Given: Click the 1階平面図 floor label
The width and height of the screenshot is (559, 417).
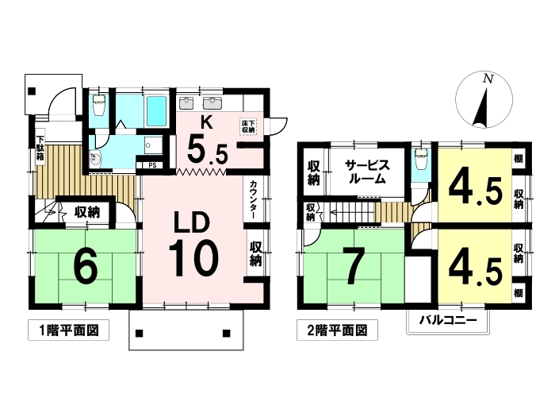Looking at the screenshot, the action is (x=68, y=330).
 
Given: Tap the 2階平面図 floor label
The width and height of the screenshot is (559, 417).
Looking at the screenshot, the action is (x=337, y=330).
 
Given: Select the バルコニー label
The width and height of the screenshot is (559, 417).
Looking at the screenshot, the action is (x=448, y=319).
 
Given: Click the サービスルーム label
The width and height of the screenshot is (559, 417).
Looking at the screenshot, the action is (x=367, y=172).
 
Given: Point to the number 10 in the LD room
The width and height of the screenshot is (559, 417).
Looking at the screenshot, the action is (x=193, y=259).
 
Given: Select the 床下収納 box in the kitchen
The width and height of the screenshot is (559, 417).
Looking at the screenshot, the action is (x=248, y=127).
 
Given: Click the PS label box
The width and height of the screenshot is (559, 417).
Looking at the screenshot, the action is (x=152, y=165).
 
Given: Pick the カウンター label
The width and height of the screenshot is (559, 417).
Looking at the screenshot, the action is (x=254, y=199).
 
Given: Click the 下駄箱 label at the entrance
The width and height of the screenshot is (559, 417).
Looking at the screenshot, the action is (x=40, y=149).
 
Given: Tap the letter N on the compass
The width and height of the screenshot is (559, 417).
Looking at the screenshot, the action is (x=488, y=79).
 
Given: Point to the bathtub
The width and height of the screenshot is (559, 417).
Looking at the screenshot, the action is (x=156, y=111).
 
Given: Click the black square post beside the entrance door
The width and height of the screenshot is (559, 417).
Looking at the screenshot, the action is (x=32, y=91).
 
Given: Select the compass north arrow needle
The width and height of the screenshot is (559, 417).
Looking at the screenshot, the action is (x=481, y=107).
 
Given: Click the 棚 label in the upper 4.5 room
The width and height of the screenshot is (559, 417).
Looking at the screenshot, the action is (x=518, y=158).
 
